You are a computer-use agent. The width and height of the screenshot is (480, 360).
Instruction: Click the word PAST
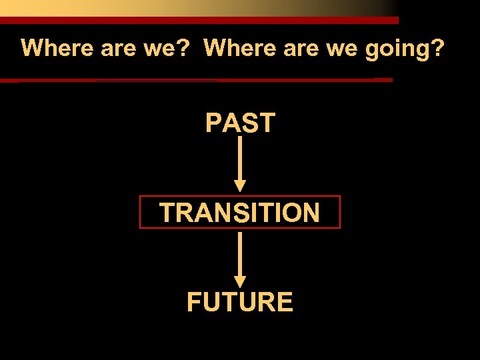pyautogui.click(x=240, y=123)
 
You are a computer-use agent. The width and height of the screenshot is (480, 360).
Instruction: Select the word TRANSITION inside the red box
pyautogui.click(x=240, y=213)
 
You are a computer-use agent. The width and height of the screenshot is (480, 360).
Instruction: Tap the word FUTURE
pyautogui.click(x=240, y=303)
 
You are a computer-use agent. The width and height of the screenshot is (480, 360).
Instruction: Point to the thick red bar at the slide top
pyautogui.click(x=200, y=21)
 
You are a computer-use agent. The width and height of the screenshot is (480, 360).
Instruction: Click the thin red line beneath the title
pyautogui.click(x=200, y=80)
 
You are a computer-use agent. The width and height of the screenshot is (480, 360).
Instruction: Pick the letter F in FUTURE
pyautogui.click(x=194, y=303)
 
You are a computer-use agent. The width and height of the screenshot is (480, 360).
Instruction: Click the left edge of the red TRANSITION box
pyautogui.click(x=139, y=212)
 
